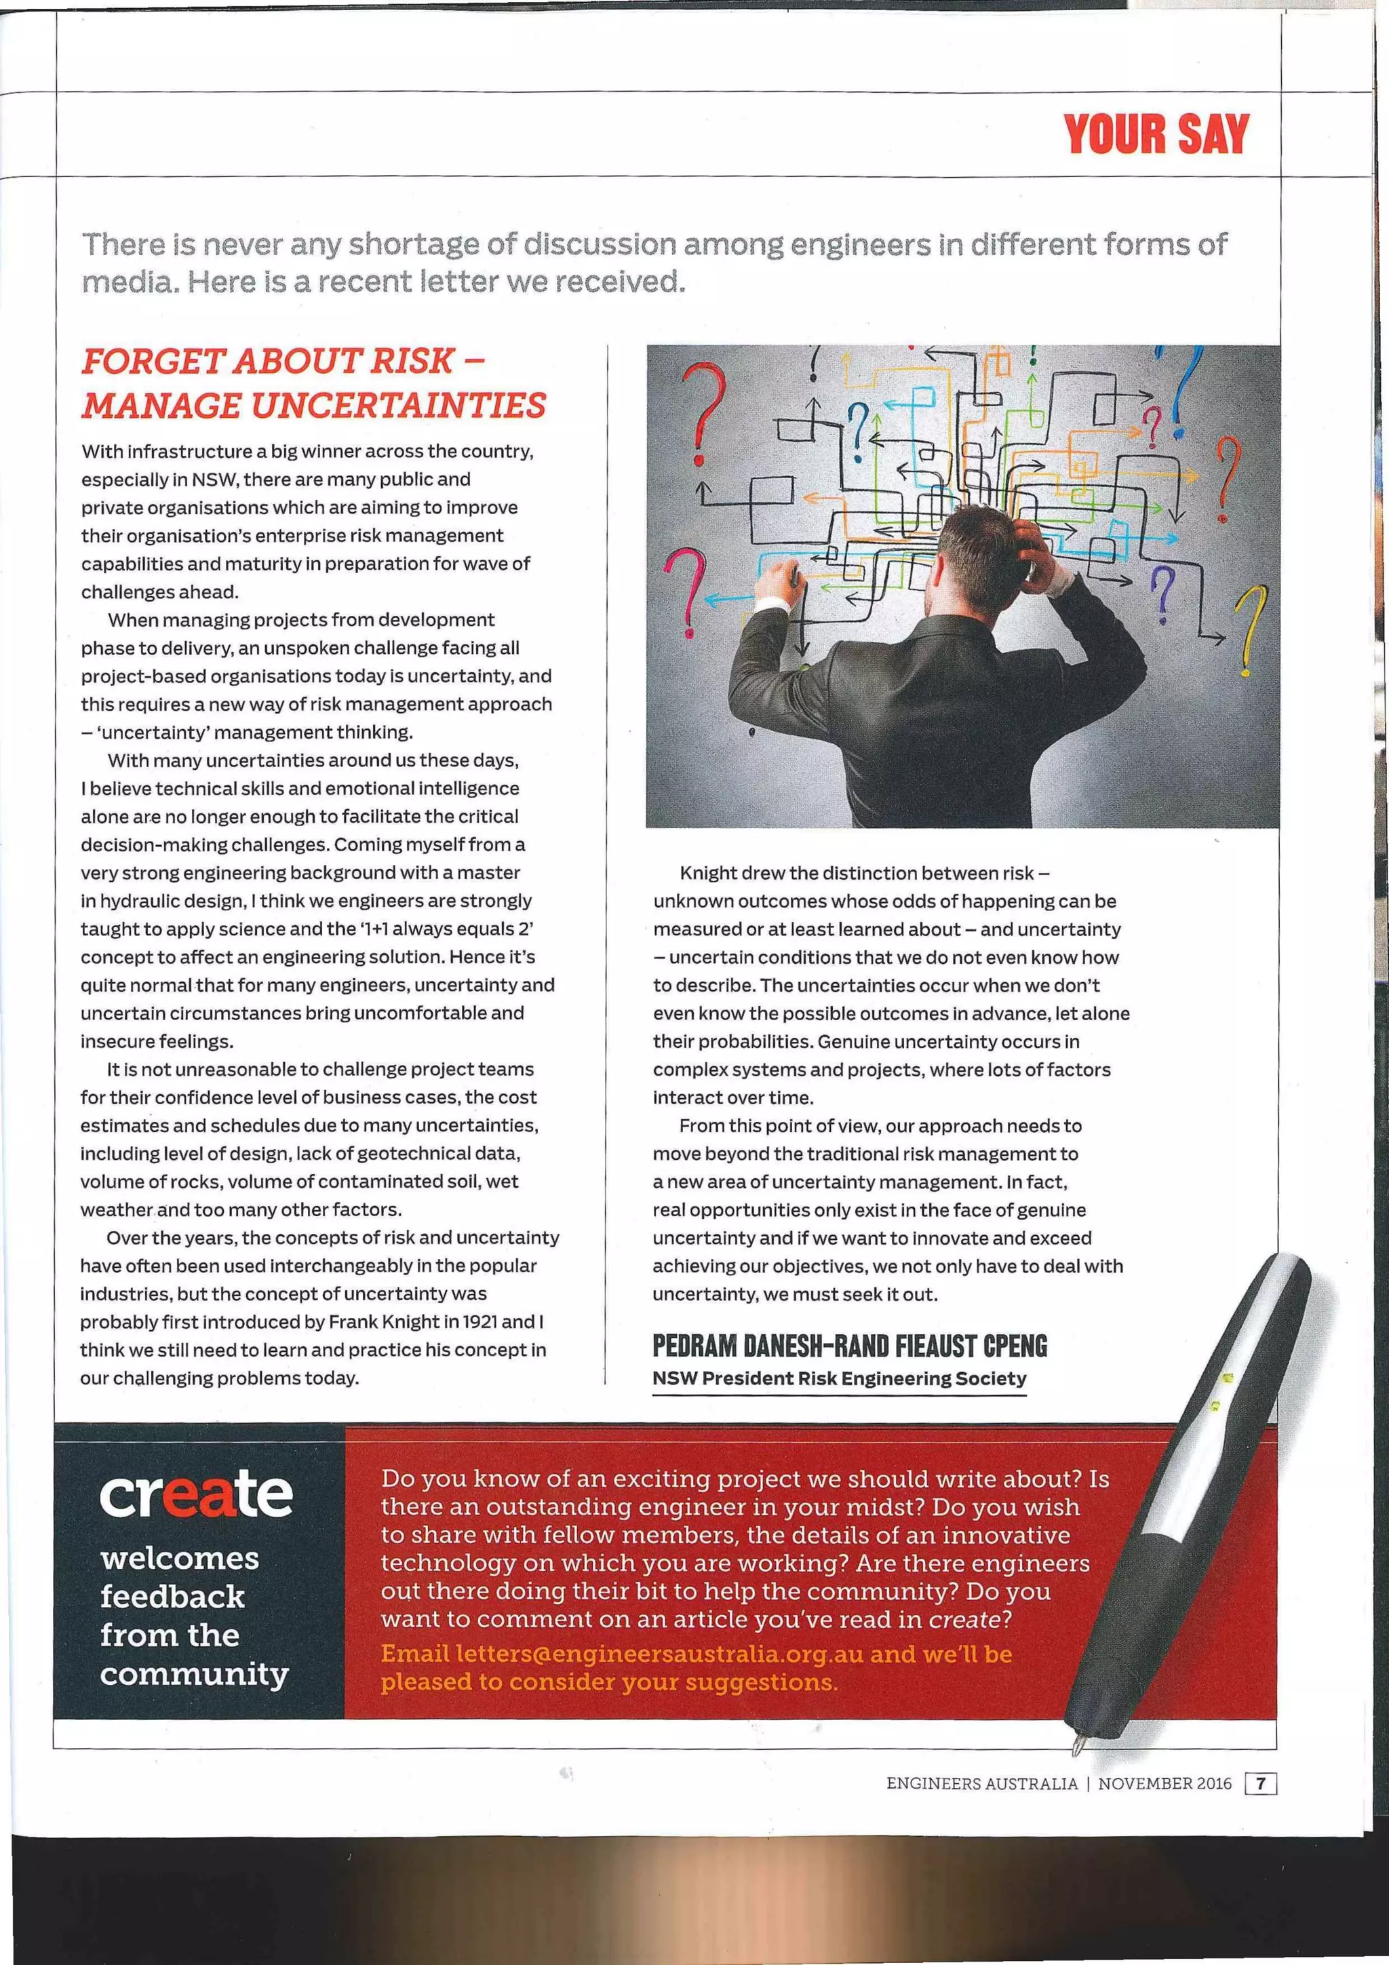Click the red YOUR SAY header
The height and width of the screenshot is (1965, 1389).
point(1156,134)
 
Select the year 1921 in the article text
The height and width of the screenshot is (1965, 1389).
point(480,1321)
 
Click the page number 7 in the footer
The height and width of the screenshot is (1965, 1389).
point(1261,1784)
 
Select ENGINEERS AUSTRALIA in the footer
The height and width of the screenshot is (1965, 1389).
point(981,1784)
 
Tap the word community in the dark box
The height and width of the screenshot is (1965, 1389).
point(194,1674)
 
